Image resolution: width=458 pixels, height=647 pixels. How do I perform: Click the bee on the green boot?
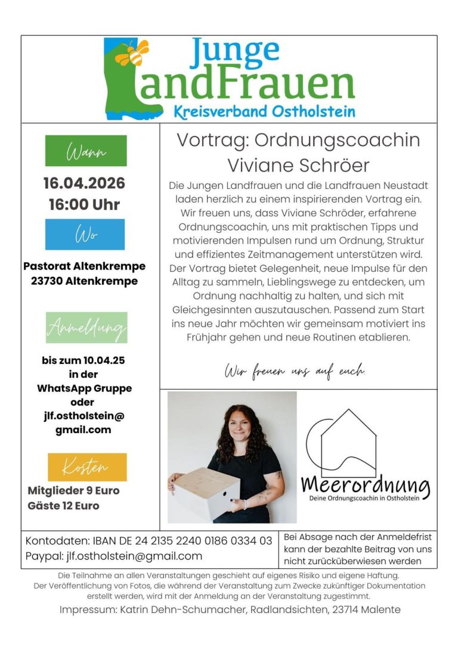pos(134,53)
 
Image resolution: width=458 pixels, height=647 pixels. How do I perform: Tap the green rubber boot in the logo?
pos(128,89)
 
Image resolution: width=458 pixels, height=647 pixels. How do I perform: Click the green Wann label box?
pos(86,151)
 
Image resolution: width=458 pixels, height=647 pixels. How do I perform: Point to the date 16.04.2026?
pos(84,183)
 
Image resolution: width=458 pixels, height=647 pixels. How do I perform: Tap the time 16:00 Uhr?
pos(84,204)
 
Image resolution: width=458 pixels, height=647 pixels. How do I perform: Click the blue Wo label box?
pos(85,234)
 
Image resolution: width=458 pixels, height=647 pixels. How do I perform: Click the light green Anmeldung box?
pos(86,328)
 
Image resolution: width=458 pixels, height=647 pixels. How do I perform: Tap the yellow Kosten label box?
pos(87,467)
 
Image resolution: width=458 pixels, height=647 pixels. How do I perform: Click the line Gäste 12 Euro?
pos(64,506)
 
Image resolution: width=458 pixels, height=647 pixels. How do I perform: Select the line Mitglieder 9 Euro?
pos(73,491)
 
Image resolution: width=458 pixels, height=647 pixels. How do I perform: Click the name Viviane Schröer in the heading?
pos(298,164)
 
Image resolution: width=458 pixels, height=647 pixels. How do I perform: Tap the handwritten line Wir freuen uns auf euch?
pos(295,372)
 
